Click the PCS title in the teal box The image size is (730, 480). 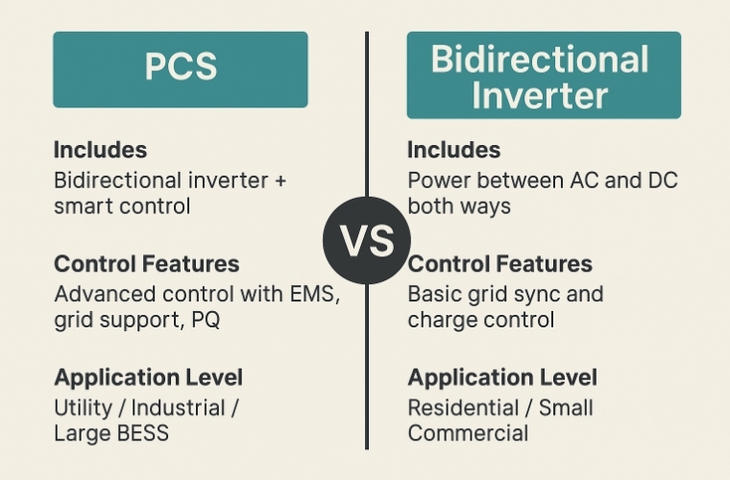(x=181, y=66)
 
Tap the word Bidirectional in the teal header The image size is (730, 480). (x=540, y=60)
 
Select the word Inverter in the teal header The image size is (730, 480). (x=540, y=95)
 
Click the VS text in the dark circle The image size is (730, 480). (x=367, y=240)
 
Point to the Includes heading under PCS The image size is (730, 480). (x=101, y=150)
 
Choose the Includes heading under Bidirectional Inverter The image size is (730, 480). (x=454, y=150)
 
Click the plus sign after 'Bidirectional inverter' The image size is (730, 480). (x=280, y=180)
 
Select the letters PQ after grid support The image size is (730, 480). (x=206, y=320)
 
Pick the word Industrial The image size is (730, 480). (x=179, y=408)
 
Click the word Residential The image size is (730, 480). (x=463, y=408)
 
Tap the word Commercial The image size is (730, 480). (x=468, y=433)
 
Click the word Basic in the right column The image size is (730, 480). (x=434, y=294)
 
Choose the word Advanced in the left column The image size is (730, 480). (x=105, y=294)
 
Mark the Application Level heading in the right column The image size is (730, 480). (x=502, y=377)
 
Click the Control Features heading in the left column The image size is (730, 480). (x=147, y=264)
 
